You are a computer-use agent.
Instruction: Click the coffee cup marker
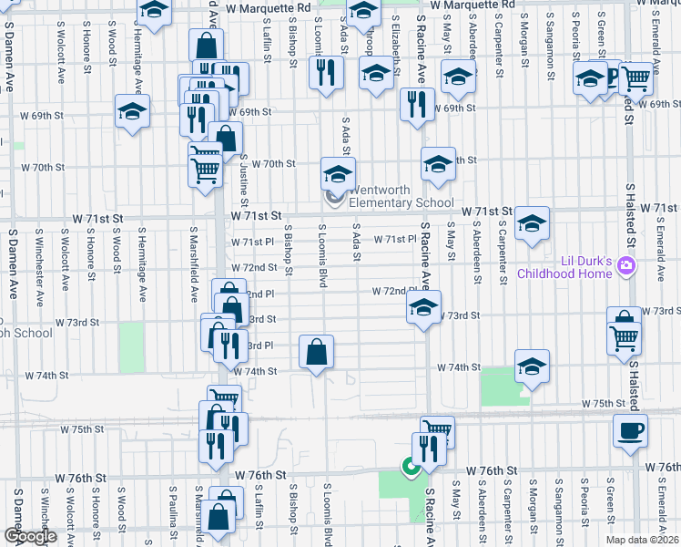tap(629, 430)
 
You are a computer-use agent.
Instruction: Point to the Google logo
tap(29, 536)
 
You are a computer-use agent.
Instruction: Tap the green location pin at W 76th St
tap(411, 469)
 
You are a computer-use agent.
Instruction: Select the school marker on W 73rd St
tap(423, 308)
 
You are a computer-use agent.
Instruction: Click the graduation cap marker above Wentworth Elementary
tap(337, 173)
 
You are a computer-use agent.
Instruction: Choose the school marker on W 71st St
tap(532, 222)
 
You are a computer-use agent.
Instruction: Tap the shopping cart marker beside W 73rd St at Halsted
tap(625, 338)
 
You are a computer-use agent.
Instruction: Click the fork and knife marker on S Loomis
tap(325, 72)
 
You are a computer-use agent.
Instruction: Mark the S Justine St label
tap(245, 181)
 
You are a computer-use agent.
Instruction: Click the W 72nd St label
tap(253, 267)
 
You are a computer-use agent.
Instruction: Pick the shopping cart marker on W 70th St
tap(206, 169)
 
